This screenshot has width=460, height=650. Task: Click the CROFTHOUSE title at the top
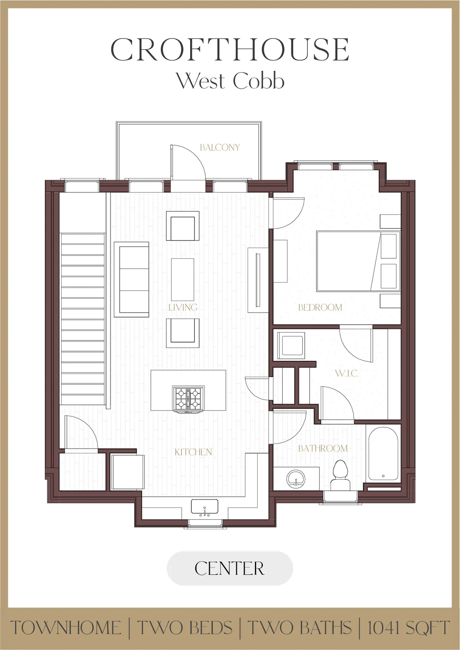230,50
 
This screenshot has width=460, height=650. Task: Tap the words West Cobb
230,81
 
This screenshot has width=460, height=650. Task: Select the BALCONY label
220,147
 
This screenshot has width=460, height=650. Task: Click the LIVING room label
183,307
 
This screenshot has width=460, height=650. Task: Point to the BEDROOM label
320,307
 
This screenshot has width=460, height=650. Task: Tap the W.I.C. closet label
347,373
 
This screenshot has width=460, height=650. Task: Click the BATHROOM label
323,449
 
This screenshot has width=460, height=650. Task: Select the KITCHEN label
193,452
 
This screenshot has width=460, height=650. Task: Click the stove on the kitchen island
188,399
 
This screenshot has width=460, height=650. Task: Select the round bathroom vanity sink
296,479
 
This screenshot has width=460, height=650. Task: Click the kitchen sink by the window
205,507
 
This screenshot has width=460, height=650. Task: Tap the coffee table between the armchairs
183,280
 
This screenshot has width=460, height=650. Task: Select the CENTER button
230,568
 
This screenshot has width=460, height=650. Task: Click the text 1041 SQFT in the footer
408,628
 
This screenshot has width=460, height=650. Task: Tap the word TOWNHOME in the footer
66,628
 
